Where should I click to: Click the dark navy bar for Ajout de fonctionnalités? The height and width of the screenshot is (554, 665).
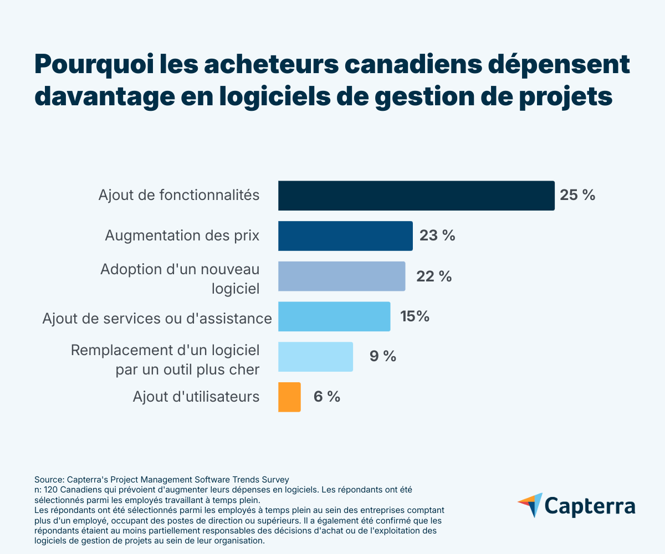416,196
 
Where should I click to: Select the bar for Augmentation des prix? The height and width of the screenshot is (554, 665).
345,236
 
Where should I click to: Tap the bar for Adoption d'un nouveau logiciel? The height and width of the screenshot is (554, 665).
341,276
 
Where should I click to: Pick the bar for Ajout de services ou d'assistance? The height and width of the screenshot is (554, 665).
334,316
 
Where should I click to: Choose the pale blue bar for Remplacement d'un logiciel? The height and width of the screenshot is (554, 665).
315,357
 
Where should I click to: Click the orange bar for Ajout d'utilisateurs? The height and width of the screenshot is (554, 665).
289,397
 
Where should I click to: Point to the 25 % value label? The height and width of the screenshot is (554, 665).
577,195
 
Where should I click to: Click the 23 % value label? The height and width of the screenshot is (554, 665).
437,235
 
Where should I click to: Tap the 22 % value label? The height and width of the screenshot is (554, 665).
434,276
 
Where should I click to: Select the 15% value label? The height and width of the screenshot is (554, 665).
415,316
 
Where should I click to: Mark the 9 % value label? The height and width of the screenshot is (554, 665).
383,356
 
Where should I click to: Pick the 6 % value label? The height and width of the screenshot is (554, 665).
327,397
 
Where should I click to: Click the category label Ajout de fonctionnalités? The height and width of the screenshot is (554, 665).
179,195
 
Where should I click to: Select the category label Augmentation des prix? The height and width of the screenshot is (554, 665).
182,235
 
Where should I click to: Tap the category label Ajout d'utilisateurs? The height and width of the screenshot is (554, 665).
196,397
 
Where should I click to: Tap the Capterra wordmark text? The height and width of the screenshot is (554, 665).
590,506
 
